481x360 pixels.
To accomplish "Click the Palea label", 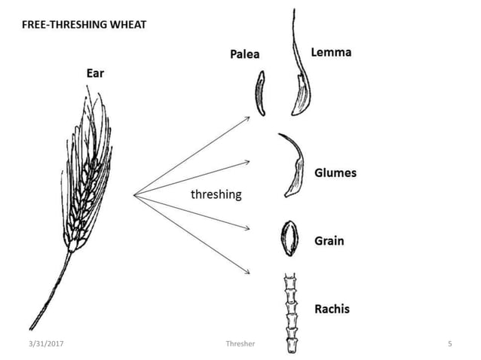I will pos(245,54).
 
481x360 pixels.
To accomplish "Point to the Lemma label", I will pos(331,53).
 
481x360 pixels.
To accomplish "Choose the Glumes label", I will pos(335,172).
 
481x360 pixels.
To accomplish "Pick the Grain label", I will pos(329,241).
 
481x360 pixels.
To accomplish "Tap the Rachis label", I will pos(332,309).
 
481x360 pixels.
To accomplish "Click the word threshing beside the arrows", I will pos(216,194).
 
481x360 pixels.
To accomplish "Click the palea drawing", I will pos(260,93).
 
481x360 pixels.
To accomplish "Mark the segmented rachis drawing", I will pos(292,313).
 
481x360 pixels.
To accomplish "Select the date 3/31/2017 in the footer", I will pos(47,344).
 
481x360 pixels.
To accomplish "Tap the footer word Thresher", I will pos(240,344).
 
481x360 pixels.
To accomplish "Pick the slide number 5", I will pos(449,344).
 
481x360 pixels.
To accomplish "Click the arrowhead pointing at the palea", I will pos(249,117).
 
